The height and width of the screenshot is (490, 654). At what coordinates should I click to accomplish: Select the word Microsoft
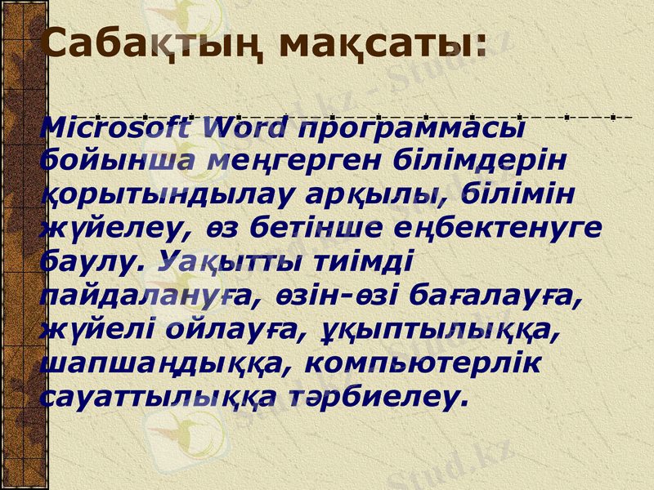(118, 127)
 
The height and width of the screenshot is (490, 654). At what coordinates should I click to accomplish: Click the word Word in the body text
(247, 127)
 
